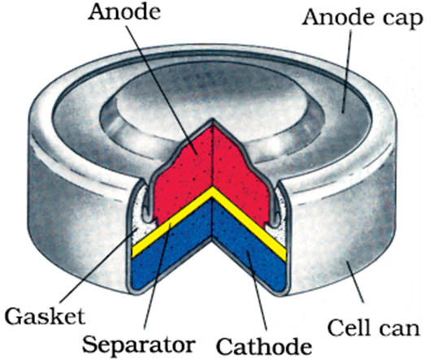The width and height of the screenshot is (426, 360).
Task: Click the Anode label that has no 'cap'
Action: (x=124, y=12)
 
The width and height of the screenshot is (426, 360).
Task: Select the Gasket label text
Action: (x=45, y=316)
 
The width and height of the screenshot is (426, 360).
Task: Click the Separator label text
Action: (x=139, y=345)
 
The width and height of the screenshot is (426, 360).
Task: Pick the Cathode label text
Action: (x=263, y=346)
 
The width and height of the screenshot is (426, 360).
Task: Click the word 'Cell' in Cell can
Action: (x=347, y=327)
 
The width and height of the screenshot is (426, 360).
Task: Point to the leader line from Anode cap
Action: (x=346, y=72)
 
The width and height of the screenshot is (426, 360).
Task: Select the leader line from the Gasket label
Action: (x=98, y=266)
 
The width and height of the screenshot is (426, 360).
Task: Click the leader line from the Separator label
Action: (x=157, y=276)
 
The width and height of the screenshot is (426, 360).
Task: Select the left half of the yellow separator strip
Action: (x=172, y=222)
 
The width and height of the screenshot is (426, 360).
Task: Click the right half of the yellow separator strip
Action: (x=250, y=223)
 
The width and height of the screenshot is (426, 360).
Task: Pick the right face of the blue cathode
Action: (x=250, y=253)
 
